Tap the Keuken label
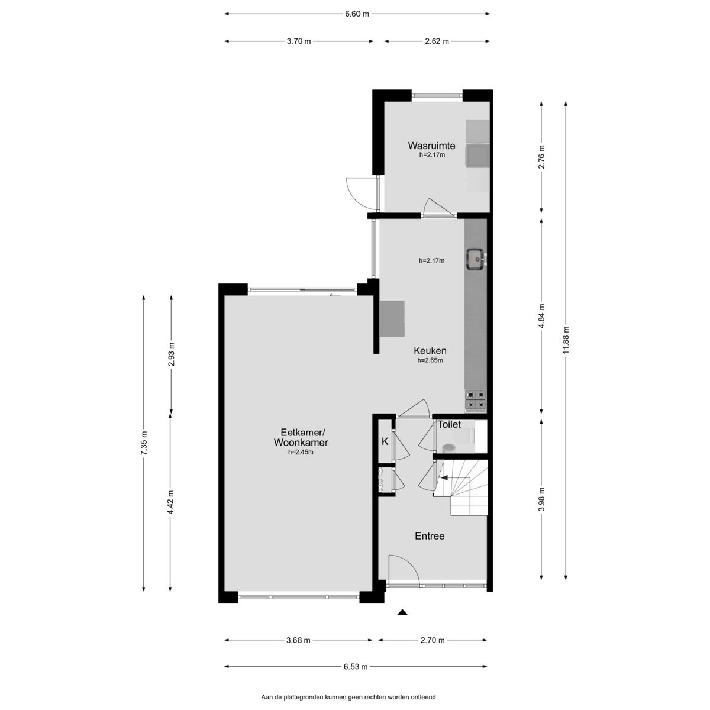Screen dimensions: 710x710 tap(430, 351)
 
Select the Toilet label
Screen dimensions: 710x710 tap(449, 424)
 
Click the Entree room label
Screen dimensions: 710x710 tap(430, 535)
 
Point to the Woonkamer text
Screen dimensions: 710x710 tap(301, 442)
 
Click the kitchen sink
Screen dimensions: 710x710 tap(477, 259)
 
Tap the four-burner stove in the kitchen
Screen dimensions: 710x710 tap(476, 401)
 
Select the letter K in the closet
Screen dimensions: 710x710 tap(385, 441)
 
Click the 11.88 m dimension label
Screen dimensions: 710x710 tap(566, 340)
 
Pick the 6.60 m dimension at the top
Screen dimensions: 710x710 tap(357, 14)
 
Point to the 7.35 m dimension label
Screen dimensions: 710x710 tap(144, 443)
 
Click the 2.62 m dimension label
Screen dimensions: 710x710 tap(437, 41)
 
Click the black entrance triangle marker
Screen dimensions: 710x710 tap(402, 612)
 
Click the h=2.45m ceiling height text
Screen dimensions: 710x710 tap(301, 453)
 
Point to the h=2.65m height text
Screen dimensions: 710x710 tap(430, 360)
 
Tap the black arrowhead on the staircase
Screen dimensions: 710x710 tap(444, 478)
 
